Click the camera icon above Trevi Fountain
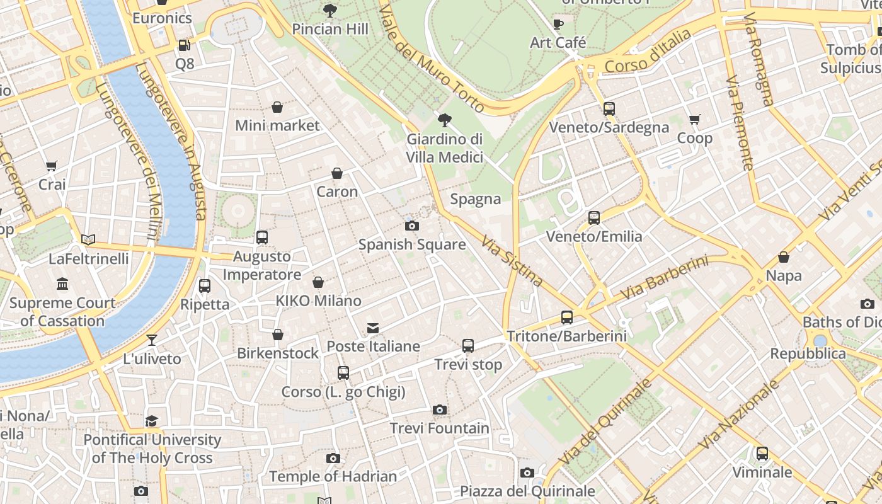tap(440, 410)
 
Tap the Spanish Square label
tap(412, 244)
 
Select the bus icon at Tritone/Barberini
tap(567, 318)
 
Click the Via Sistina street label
tap(512, 261)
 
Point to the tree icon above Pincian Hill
tap(329, 10)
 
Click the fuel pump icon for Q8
tap(184, 45)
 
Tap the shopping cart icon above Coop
tap(695, 119)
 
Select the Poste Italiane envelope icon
tap(373, 328)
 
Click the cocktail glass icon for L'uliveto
tap(152, 340)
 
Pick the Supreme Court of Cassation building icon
tap(62, 284)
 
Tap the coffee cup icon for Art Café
tap(558, 24)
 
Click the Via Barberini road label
tap(664, 278)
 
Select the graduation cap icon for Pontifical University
tap(152, 421)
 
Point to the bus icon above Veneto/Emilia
tap(594, 218)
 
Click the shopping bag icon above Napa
tap(784, 257)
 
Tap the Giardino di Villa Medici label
tap(445, 148)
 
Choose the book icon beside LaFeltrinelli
tap(88, 240)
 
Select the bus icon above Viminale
tap(762, 454)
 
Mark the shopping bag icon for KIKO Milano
tap(318, 282)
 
